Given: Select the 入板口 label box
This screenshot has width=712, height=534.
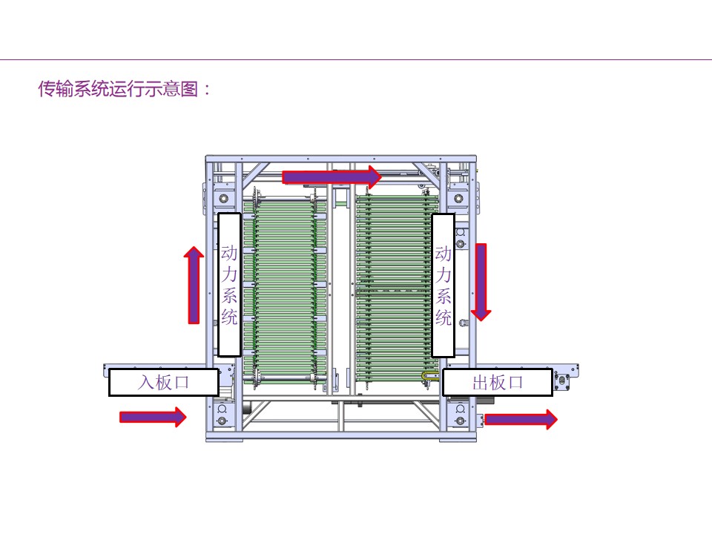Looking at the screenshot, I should pyautogui.click(x=164, y=383).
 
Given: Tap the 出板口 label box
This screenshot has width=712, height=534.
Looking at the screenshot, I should pyautogui.click(x=498, y=383).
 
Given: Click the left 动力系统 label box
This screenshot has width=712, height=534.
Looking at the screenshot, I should pyautogui.click(x=229, y=285).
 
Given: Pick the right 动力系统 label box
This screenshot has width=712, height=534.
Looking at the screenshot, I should pyautogui.click(x=443, y=285).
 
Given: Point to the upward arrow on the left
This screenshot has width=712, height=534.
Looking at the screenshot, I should pyautogui.click(x=194, y=286).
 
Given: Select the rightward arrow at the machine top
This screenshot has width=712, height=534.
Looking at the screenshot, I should pyautogui.click(x=332, y=177).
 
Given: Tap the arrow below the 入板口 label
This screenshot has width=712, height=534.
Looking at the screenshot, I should pyautogui.click(x=153, y=417).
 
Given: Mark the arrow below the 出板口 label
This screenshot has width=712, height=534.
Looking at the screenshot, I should pyautogui.click(x=520, y=419).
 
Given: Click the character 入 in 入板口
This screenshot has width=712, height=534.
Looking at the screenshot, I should pyautogui.click(x=146, y=383).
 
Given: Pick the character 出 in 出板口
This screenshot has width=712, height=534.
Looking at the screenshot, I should pyautogui.click(x=480, y=383).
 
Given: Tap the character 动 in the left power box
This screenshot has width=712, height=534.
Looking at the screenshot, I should pyautogui.click(x=229, y=254).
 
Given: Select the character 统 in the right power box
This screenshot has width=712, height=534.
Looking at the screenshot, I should pyautogui.click(x=443, y=318).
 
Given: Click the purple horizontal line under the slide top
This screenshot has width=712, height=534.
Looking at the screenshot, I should pyautogui.click(x=356, y=59).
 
